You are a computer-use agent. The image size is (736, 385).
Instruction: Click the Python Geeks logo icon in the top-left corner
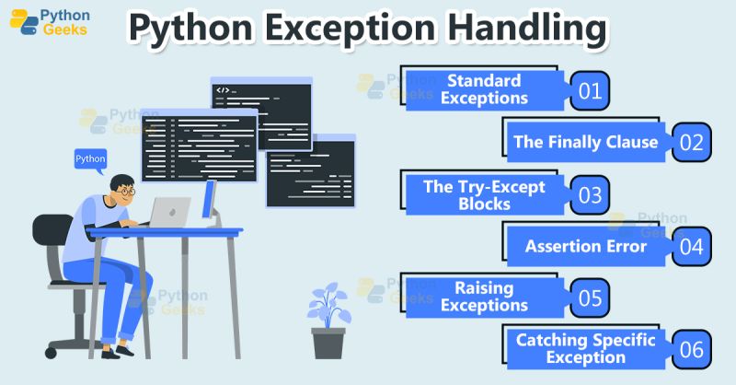tap(23, 22)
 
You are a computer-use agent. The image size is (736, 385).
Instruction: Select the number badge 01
tap(590, 90)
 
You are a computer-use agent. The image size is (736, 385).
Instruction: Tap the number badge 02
tap(691, 142)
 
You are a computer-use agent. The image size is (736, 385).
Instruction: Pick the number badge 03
tap(590, 194)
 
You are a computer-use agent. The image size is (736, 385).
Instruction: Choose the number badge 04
tap(691, 246)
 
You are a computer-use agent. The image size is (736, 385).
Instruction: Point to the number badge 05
tap(590, 297)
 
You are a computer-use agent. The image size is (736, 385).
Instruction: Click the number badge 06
tap(691, 349)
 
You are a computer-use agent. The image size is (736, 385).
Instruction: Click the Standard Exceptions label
tap(484, 89)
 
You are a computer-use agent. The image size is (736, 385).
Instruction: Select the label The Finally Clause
tap(585, 142)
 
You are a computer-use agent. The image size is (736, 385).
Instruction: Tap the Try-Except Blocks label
tap(484, 194)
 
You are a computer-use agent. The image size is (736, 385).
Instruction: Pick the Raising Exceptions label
tap(484, 297)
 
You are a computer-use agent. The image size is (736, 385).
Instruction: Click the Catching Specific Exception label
tap(585, 349)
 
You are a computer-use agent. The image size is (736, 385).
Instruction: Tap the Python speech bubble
tap(90, 159)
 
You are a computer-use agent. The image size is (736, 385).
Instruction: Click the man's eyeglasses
tap(126, 192)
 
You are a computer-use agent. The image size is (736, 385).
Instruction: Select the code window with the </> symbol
tap(260, 113)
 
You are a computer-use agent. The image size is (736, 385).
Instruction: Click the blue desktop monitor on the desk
tap(209, 201)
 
